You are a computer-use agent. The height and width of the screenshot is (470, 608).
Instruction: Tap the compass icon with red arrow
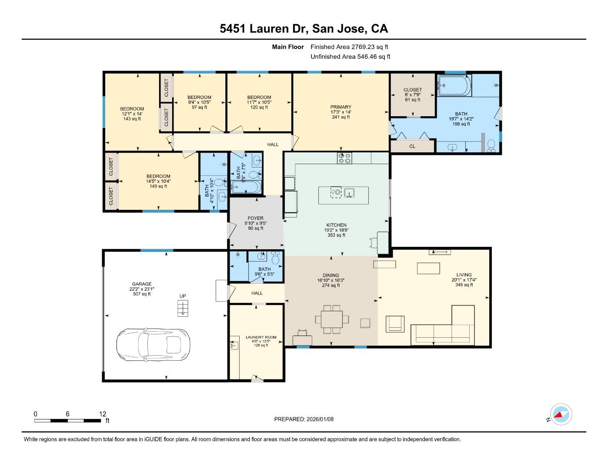[x=561, y=415]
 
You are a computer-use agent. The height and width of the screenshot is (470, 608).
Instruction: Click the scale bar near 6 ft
[x=67, y=420]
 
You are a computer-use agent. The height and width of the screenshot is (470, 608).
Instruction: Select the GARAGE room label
[x=142, y=284]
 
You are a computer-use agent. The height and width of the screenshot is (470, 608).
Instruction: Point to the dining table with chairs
[x=332, y=319]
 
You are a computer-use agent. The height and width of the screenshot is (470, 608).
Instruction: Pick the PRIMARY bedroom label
[x=341, y=107]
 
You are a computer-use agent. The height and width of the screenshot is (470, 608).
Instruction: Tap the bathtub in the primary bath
[x=454, y=85]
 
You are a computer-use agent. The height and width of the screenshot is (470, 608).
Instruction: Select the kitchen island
[x=344, y=195]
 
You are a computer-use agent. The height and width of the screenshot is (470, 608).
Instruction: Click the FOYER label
[x=255, y=218]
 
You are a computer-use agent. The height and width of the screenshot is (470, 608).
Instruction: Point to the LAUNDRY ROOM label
[x=261, y=337]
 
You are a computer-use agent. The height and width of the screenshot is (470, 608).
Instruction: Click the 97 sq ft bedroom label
[x=199, y=102]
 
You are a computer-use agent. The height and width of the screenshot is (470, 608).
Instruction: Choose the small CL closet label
[x=412, y=147]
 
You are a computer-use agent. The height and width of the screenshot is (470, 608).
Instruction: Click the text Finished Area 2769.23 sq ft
[x=349, y=47]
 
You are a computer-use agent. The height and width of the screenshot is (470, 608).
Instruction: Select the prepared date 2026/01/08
[x=304, y=419]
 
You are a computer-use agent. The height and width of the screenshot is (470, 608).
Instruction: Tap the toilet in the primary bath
[x=491, y=145]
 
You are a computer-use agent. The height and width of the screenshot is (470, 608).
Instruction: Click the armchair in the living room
[x=395, y=323]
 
